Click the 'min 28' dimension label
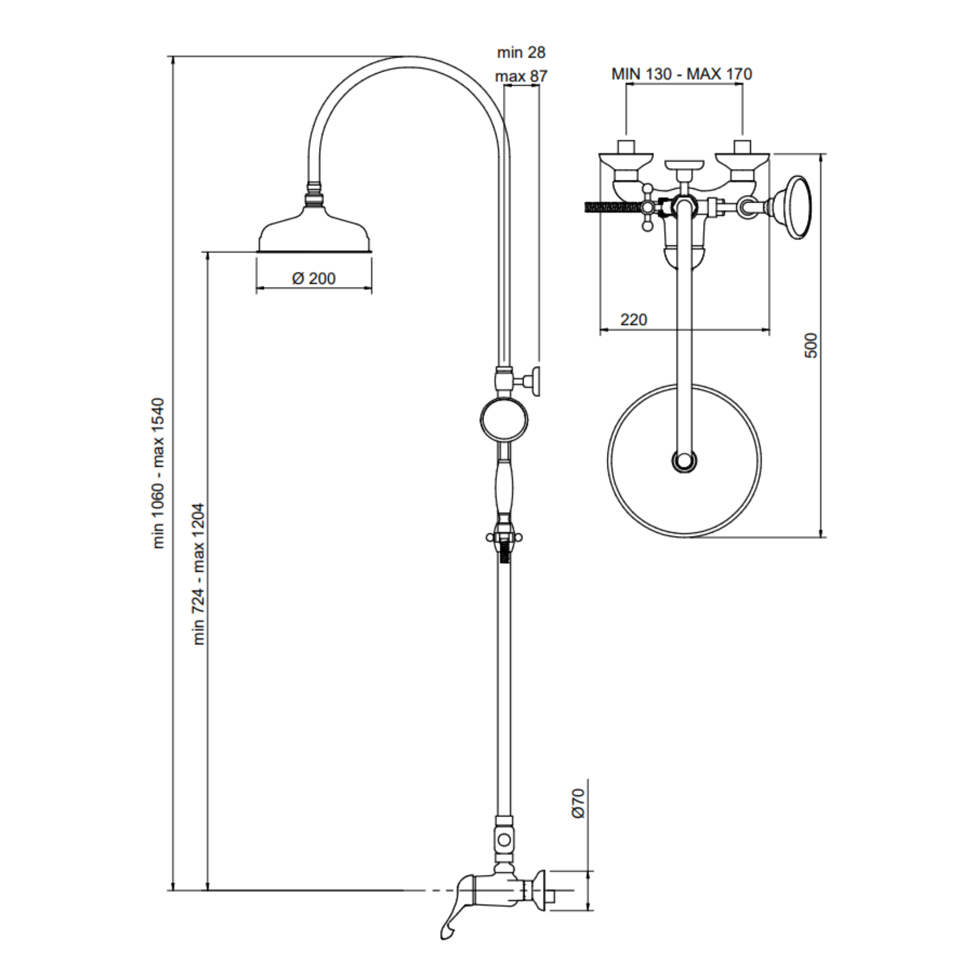pyautogui.click(x=521, y=52)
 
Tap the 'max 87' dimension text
pyautogui.click(x=521, y=77)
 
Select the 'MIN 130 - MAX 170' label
pyautogui.click(x=681, y=74)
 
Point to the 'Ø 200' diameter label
pyautogui.click(x=314, y=278)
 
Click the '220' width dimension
pyautogui.click(x=634, y=320)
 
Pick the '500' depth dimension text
pyautogui.click(x=811, y=346)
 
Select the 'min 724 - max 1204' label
pyautogui.click(x=199, y=574)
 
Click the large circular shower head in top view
pyautogui.click(x=684, y=460)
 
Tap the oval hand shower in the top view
pyautogui.click(x=794, y=207)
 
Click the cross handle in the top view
pyautogui.click(x=648, y=207)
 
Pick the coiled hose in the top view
pyautogui.click(x=611, y=207)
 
